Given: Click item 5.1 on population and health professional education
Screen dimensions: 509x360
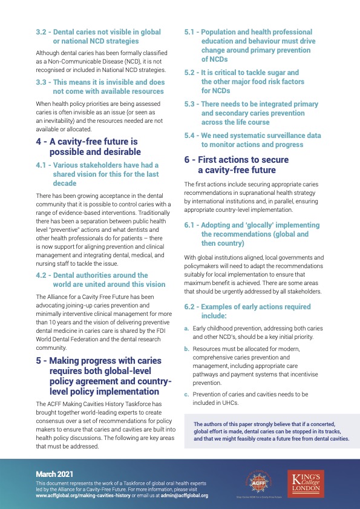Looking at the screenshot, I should [x=261, y=45].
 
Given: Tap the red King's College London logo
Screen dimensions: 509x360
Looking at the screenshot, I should [x=308, y=482].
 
